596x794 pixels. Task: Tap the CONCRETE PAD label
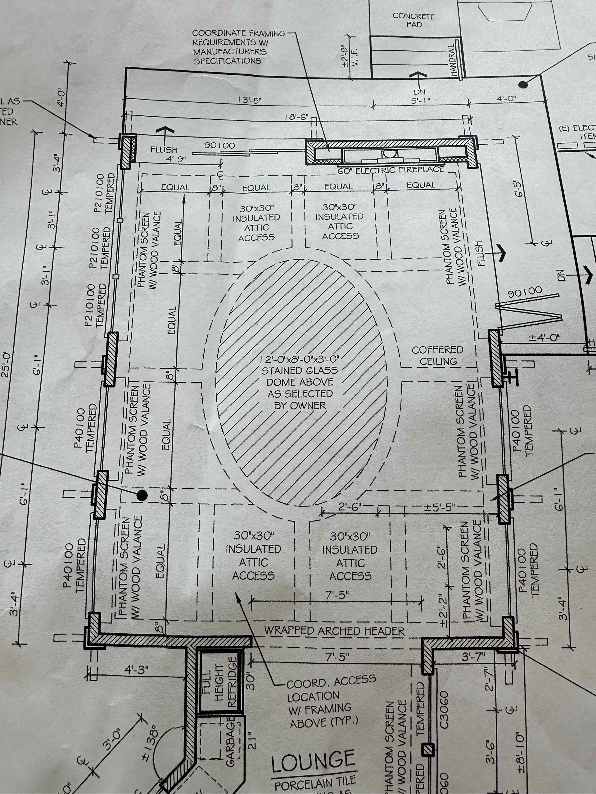[413, 20]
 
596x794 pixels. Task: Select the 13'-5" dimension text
[249, 100]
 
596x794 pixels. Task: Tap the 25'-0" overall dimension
[6, 363]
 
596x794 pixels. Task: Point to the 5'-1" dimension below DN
[421, 101]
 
